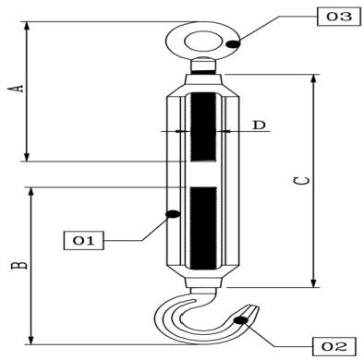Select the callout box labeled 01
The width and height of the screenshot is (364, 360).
[83, 241]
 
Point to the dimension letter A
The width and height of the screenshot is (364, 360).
[14, 89]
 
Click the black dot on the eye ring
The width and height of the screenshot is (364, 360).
[234, 43]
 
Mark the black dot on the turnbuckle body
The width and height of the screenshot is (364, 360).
[171, 214]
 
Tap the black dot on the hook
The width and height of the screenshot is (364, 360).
[241, 320]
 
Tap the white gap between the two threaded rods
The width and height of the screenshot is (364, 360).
[201, 175]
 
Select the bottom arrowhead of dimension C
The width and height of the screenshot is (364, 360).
[316, 282]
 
